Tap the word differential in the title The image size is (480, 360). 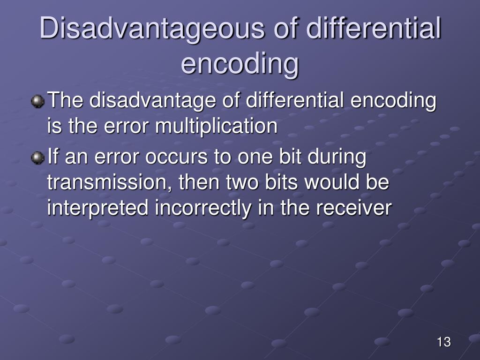point(374,29)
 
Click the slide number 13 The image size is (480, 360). point(443,342)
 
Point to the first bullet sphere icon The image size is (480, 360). point(37,101)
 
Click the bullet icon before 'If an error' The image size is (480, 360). point(37,158)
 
